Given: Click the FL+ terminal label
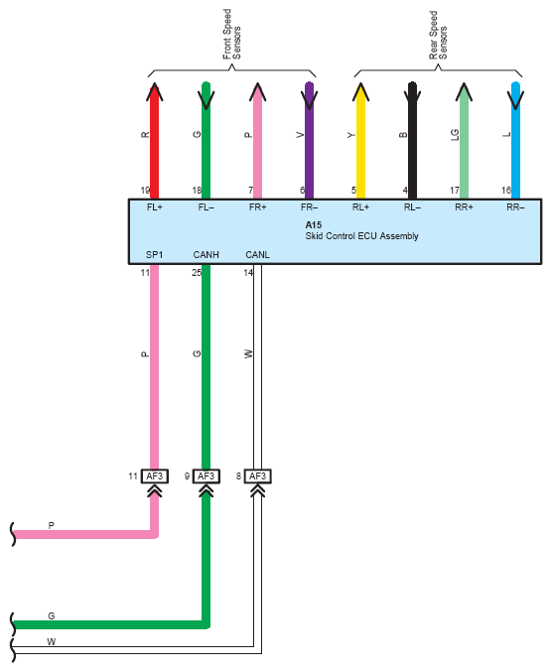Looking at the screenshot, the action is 154,207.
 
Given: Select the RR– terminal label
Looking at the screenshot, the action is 515,207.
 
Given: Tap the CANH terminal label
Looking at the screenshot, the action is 206,255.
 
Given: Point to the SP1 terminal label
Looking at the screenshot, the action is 154,255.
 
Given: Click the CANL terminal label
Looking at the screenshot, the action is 257,255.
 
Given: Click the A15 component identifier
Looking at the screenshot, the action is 314,225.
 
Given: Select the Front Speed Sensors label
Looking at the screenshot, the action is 232,34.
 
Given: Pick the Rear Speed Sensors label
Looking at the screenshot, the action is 438,35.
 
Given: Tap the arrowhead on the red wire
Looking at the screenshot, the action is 154,91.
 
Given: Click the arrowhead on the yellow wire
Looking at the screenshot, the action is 360,91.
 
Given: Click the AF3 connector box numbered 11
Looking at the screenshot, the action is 154,476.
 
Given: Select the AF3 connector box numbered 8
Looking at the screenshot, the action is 257,476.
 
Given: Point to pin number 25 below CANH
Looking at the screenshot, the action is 197,273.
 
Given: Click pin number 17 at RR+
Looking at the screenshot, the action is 455,190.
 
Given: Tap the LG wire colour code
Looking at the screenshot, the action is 455,135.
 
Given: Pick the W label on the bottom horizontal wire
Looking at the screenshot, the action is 52,641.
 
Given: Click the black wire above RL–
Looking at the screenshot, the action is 412,141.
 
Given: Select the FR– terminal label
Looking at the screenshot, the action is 309,207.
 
